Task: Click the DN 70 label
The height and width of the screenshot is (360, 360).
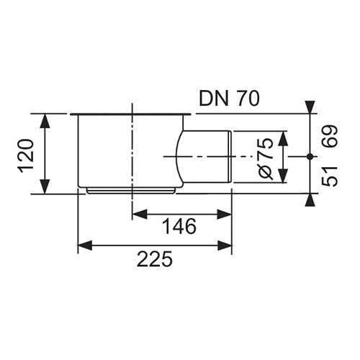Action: [x=230, y=99]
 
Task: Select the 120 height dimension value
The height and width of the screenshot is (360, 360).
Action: [x=26, y=156]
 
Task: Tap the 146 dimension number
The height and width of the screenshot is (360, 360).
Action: [x=179, y=227]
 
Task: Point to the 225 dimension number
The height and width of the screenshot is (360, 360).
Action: [x=155, y=259]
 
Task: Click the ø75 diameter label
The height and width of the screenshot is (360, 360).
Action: [x=266, y=158]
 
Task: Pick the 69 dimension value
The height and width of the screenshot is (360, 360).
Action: [x=330, y=136]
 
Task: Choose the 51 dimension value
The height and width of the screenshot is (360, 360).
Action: [x=330, y=176]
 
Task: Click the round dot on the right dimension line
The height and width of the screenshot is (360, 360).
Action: [x=310, y=157]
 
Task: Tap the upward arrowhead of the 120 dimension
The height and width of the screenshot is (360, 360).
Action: [x=45, y=121]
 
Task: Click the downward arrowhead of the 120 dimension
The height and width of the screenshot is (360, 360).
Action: [x=45, y=186]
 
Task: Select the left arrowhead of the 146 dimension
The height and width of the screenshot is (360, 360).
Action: [x=140, y=214]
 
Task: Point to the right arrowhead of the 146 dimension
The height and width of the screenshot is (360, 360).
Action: [x=224, y=214]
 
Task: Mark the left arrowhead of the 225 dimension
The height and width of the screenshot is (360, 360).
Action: [x=85, y=246]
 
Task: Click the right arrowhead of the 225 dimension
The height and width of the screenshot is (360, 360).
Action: [x=225, y=246]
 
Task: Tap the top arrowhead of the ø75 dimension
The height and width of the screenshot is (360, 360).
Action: [x=283, y=138]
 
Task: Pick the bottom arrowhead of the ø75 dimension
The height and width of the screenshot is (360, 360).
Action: [x=283, y=176]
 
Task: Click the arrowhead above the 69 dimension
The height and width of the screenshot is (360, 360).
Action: [x=310, y=107]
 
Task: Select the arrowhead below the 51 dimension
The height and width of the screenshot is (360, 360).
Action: [x=310, y=199]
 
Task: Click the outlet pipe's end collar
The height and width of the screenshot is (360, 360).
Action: [x=230, y=157]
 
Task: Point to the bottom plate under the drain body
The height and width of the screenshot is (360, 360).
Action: [x=131, y=191]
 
